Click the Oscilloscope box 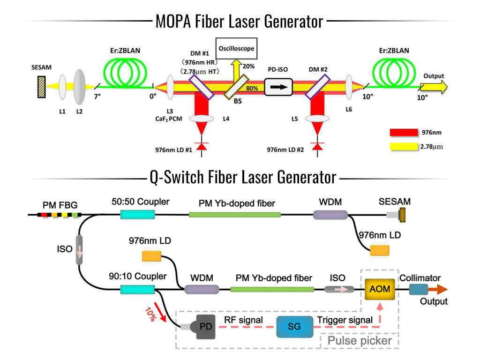237,48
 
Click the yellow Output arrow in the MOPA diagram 433,86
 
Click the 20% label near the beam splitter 248,67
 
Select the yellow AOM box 379,289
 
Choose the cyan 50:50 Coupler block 137,214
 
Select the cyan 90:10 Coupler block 137,290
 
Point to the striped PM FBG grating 60,215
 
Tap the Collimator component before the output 416,290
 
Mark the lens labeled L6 349,87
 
